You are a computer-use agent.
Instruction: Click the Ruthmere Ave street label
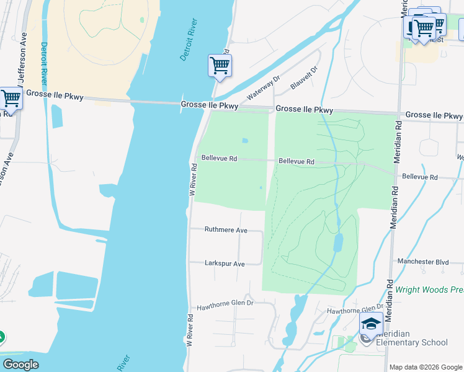point(226,230)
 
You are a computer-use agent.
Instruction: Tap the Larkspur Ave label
point(225,263)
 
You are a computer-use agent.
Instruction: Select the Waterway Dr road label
point(264,88)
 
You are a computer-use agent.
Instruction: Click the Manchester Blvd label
point(423,262)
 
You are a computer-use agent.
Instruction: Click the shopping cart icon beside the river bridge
point(220,65)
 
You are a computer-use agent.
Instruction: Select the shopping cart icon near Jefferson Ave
point(11,98)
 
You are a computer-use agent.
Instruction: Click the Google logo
point(20,365)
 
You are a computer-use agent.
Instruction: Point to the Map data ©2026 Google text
point(426,367)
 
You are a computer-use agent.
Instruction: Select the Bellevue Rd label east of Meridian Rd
point(420,177)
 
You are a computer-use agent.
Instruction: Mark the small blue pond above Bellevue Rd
point(244,141)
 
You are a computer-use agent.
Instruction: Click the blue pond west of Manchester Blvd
point(338,242)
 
